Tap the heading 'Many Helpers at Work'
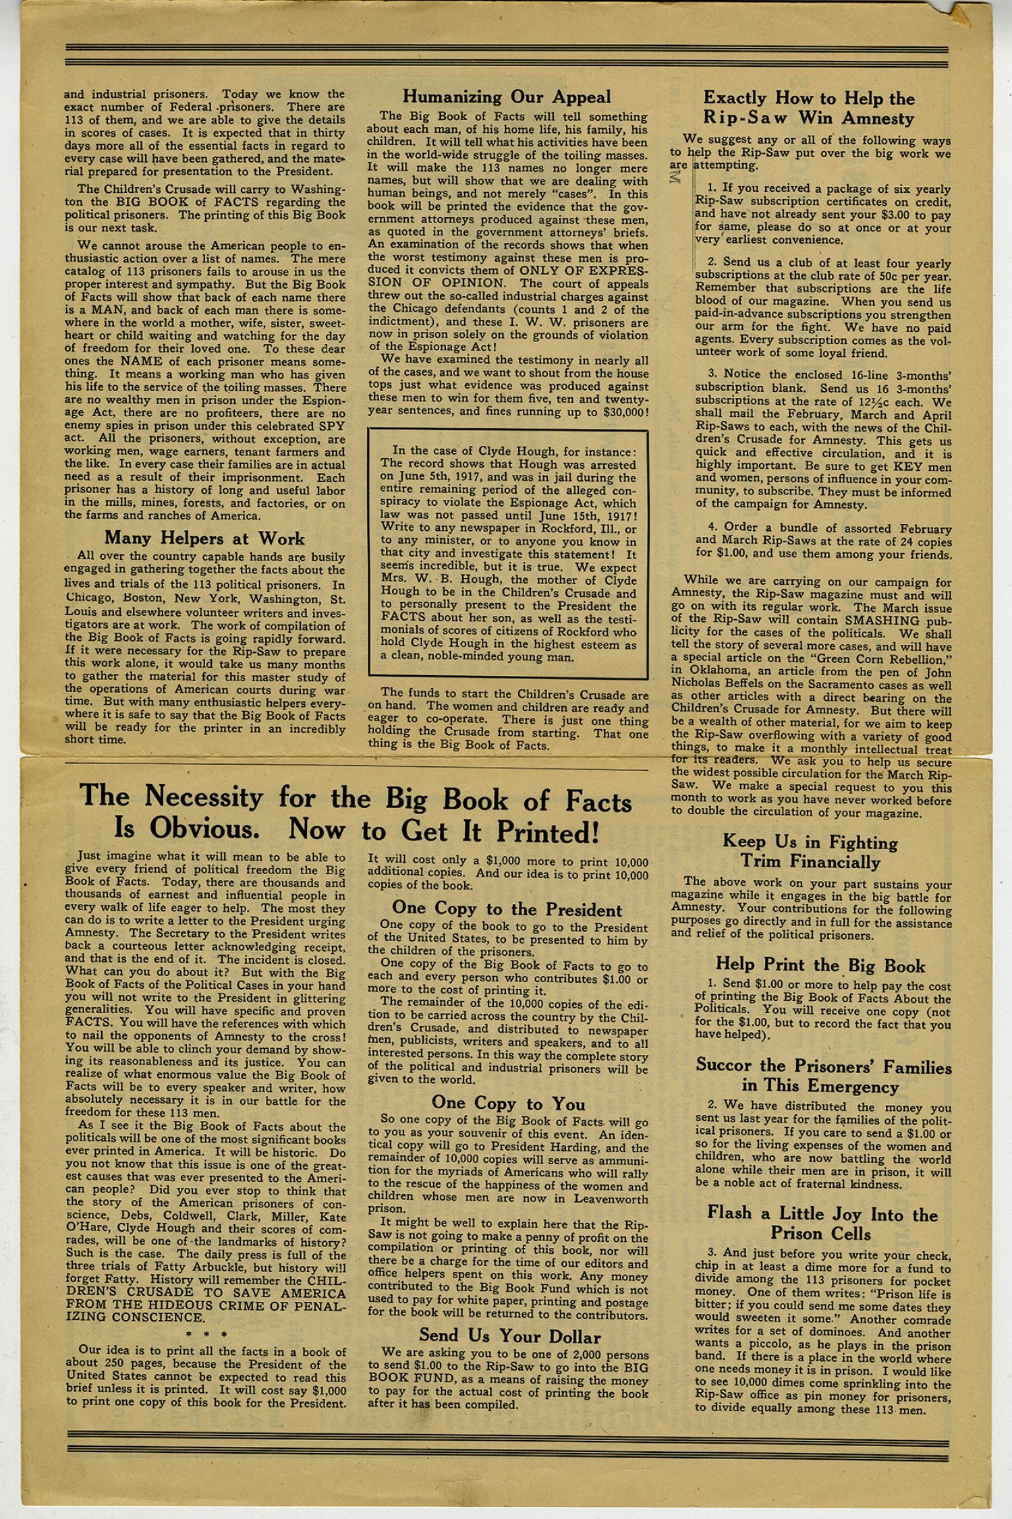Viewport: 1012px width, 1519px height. pos(204,538)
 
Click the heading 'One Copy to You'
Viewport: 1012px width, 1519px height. pos(508,1104)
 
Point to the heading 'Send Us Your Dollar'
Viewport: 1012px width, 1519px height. pos(509,1336)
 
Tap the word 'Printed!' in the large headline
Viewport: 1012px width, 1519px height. pos(547,832)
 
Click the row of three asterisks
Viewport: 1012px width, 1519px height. pos(205,1334)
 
